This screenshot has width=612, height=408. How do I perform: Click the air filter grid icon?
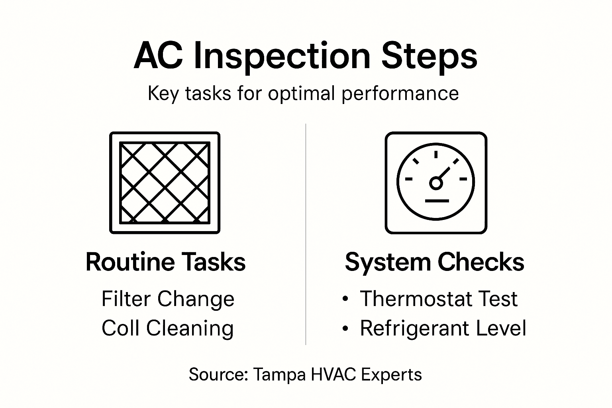tap(165, 182)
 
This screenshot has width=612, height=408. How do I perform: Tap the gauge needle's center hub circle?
tap(436, 183)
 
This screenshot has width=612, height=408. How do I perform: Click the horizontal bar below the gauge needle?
tap(437, 200)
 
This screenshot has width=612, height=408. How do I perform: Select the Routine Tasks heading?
tap(165, 262)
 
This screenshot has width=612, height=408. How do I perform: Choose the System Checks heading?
tap(434, 262)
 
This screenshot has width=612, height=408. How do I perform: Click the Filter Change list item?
tap(168, 299)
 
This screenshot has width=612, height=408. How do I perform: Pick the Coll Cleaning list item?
tap(167, 328)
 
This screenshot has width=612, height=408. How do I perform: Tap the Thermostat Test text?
tap(438, 299)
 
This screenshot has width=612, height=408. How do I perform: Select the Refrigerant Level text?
tap(443, 328)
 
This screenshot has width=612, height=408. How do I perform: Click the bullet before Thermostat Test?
tap(345, 299)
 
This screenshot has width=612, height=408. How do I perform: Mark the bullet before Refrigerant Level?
tap(345, 328)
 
